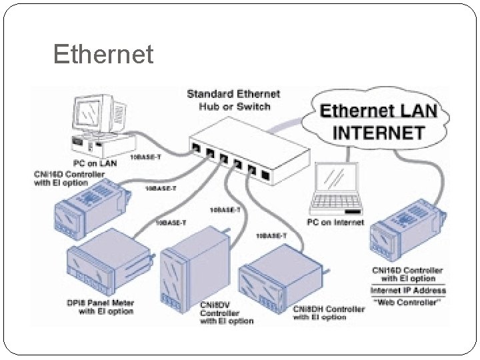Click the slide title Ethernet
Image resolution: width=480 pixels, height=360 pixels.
pos(103,54)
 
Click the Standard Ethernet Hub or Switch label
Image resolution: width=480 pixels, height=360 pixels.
pos(233,100)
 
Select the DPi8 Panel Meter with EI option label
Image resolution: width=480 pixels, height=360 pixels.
pos(101,307)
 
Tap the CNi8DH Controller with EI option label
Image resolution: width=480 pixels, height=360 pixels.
pos(329,313)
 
